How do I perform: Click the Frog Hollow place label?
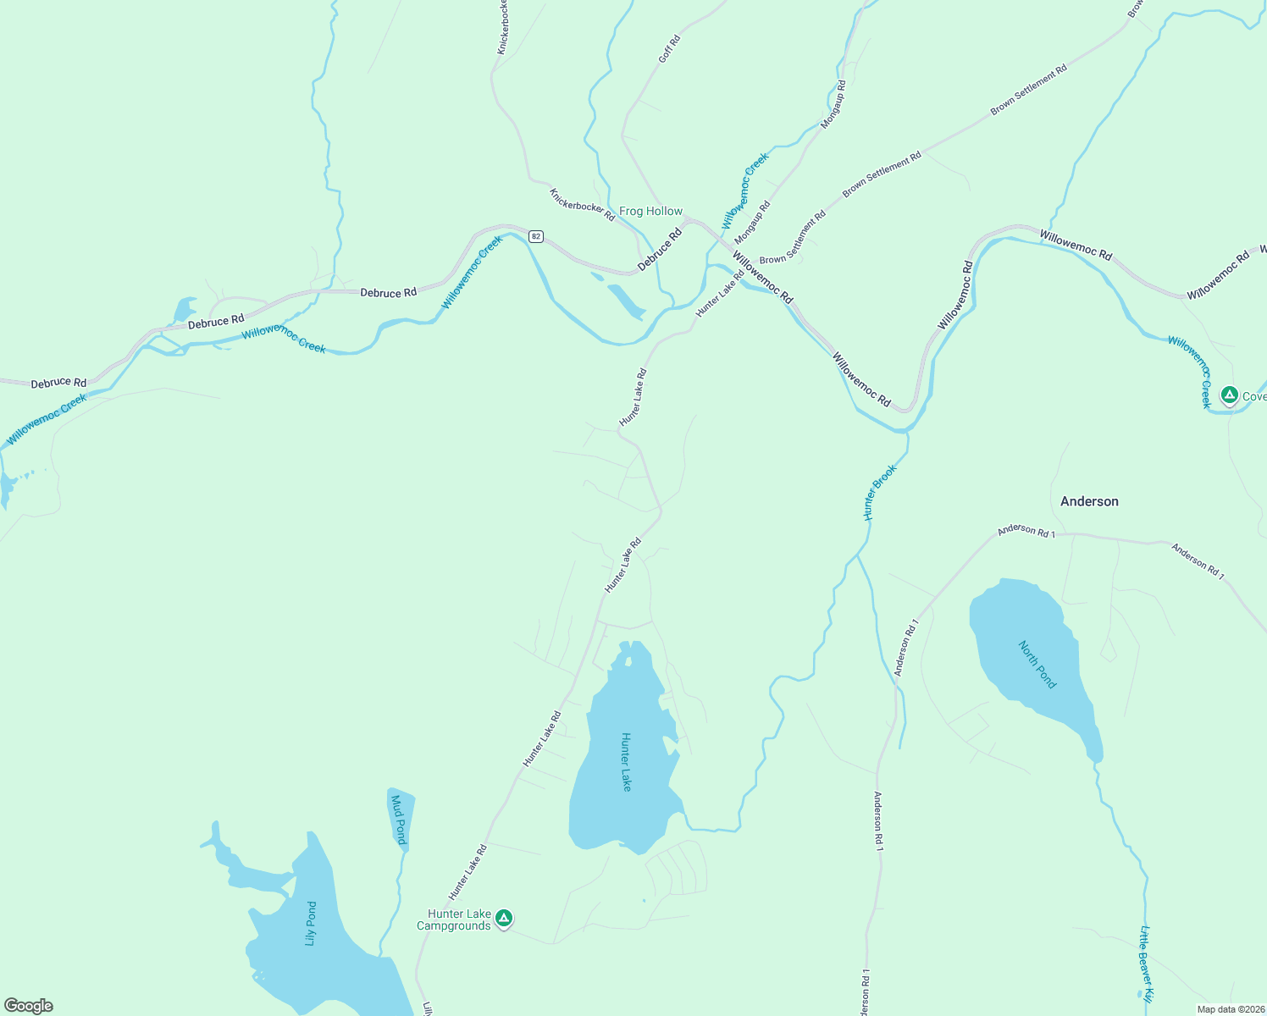[650, 211]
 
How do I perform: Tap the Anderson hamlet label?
[1089, 501]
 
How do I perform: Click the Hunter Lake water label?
[626, 762]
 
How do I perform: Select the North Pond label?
[1037, 665]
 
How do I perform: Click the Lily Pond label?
[312, 924]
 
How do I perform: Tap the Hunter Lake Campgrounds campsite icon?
[504, 919]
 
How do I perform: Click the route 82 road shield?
[535, 236]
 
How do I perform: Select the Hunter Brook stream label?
[879, 492]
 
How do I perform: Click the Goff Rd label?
[669, 49]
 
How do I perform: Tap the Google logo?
[28, 1006]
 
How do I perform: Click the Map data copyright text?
[1230, 1009]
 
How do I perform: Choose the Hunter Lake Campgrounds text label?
[455, 919]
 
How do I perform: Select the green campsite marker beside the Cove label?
[1229, 395]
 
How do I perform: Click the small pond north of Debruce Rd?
[184, 310]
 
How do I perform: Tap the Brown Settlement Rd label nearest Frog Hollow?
[793, 237]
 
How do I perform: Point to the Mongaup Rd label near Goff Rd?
[833, 104]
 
